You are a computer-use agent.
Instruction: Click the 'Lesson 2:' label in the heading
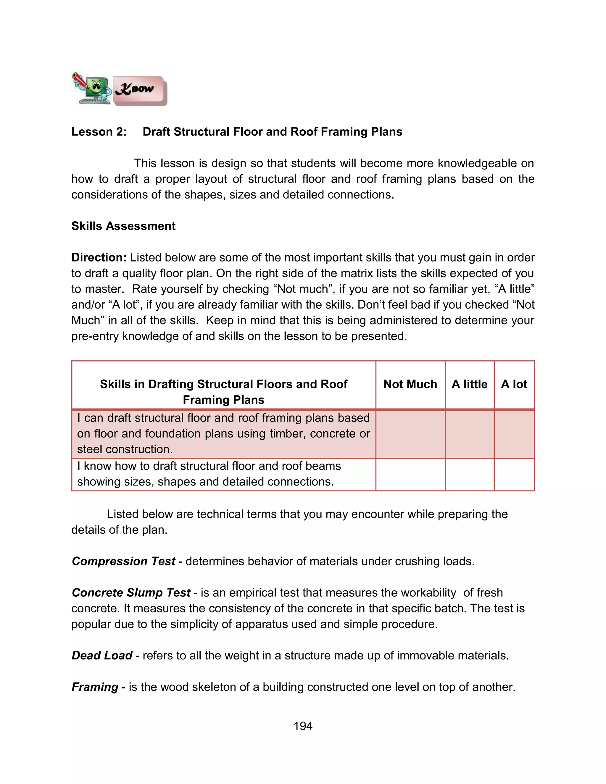pos(99,132)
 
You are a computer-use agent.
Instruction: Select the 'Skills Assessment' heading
pos(123,226)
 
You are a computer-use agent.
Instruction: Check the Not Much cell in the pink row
pos(410,434)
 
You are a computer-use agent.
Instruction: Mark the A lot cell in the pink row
pos(514,434)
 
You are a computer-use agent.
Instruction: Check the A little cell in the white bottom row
pos(469,474)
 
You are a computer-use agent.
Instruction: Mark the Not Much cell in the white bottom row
pos(410,474)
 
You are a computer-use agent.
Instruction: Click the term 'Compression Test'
pos(123,561)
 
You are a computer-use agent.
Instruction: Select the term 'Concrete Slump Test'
pos(131,593)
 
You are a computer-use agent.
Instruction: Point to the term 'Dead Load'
pos(102,656)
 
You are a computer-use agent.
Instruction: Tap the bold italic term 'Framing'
pos(95,687)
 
